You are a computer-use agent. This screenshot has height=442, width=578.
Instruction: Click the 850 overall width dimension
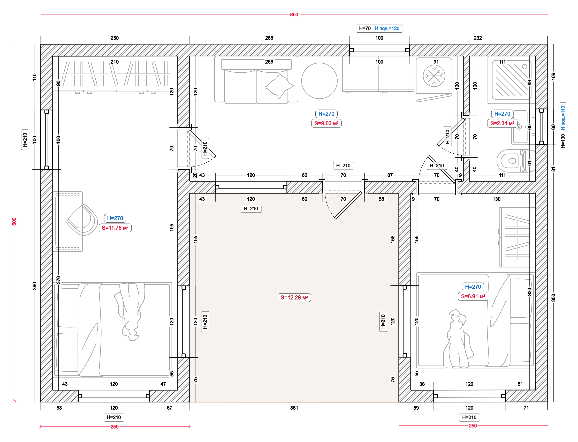(294, 14)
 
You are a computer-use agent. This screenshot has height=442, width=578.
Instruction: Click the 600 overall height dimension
(14, 222)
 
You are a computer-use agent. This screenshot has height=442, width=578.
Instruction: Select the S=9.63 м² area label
(326, 123)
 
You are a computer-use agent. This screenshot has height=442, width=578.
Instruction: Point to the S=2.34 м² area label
(502, 123)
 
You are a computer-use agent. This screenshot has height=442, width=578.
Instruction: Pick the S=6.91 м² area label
(473, 296)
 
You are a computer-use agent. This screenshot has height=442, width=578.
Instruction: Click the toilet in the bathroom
(515, 161)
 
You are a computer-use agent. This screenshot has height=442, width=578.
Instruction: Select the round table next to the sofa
(319, 81)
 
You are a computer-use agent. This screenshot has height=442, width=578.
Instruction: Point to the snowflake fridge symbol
(434, 76)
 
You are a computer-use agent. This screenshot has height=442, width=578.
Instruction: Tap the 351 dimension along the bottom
(294, 408)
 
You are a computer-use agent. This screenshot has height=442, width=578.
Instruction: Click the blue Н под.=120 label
(387, 28)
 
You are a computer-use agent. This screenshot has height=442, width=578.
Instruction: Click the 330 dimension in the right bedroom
(529, 291)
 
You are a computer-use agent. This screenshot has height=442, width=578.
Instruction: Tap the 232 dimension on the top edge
(478, 38)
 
